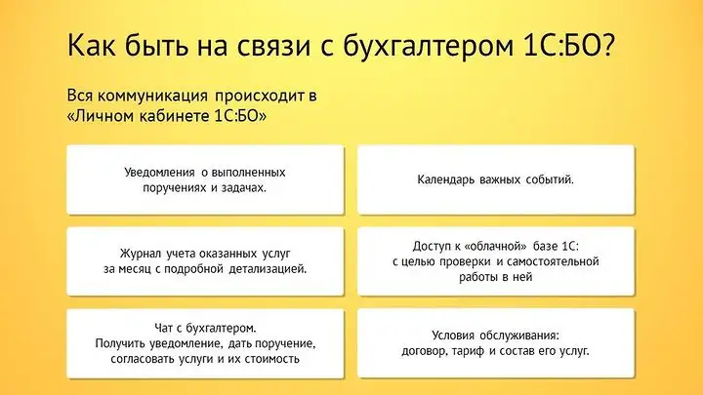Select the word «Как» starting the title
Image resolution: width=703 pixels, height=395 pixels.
[92, 46]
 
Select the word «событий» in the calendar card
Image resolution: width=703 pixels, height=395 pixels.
[548, 179]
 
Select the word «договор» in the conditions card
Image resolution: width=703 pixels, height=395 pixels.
[424, 351]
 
